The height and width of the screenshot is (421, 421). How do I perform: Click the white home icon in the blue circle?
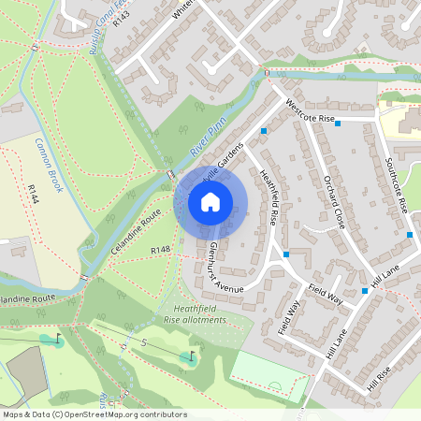(210, 201)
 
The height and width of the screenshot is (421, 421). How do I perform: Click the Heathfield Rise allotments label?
(195, 313)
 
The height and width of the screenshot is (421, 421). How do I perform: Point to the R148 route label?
(160, 251)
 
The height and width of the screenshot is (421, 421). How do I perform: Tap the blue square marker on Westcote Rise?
(337, 123)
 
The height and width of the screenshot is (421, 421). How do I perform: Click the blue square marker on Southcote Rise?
(410, 234)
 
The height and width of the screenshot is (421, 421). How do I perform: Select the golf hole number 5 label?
(145, 343)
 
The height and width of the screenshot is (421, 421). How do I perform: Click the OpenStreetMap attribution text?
(94, 414)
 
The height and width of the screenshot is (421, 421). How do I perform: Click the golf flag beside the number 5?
(193, 356)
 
